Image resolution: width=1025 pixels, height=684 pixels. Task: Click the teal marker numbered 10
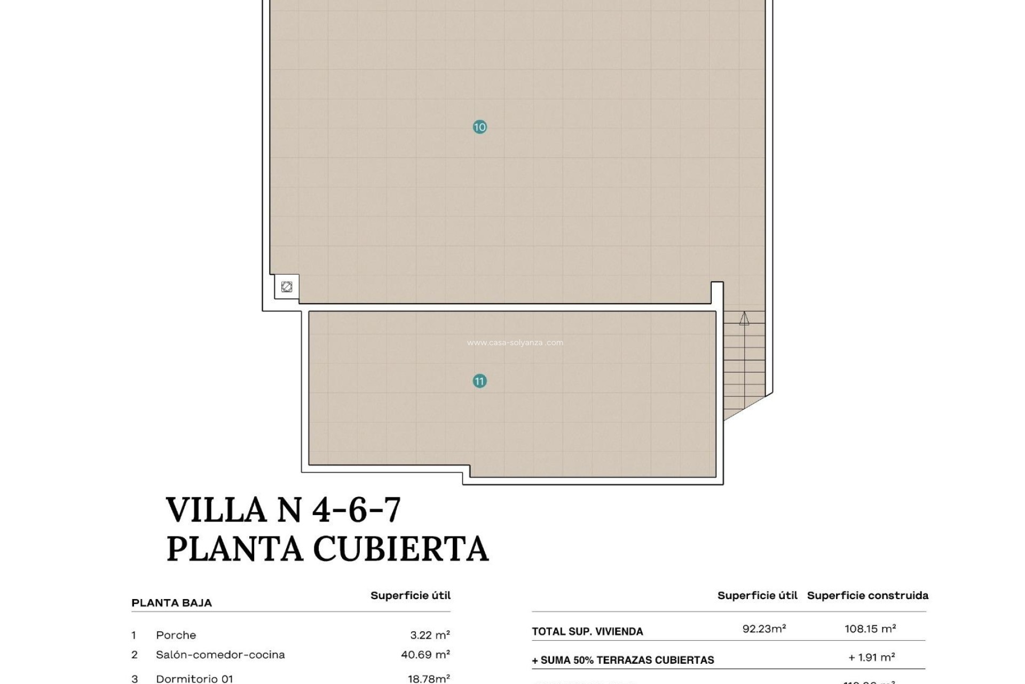479,127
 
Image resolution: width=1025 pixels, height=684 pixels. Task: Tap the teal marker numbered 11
479,381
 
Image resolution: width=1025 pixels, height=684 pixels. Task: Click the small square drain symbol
287,287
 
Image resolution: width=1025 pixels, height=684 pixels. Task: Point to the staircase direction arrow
744,319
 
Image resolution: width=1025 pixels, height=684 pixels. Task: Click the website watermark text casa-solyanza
515,343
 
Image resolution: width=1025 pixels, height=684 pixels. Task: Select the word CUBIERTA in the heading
400,549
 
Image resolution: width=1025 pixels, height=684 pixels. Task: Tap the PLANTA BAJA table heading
171,603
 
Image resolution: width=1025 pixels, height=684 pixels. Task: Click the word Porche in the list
176,635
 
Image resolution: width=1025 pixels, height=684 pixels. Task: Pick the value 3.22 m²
430,635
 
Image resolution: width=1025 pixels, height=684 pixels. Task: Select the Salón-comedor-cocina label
220,655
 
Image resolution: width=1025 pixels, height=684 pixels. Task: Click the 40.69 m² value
425,655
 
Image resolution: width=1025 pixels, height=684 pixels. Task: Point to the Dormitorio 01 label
194,679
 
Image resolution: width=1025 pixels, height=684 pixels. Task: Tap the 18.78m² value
429,679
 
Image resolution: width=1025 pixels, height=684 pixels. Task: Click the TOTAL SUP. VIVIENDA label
587,632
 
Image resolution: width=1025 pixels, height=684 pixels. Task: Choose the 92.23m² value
764,629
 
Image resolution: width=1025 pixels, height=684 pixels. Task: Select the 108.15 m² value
870,629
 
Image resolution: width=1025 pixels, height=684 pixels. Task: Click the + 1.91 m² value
871,658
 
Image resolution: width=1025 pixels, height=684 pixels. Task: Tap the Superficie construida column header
868,595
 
